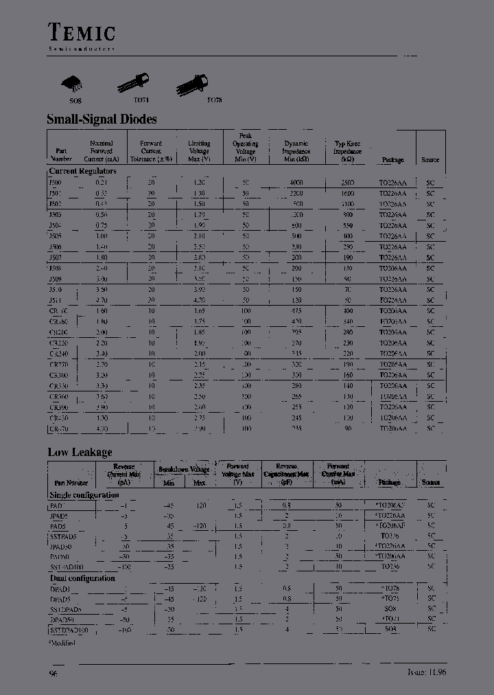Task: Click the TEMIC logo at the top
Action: pyautogui.click(x=81, y=32)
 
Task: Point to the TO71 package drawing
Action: pyautogui.click(x=134, y=83)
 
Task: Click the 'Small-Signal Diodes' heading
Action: pyautogui.click(x=102, y=119)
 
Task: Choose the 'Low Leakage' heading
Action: pyautogui.click(x=80, y=452)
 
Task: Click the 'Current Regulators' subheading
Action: pyautogui.click(x=83, y=171)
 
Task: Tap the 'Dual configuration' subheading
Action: pyautogui.click(x=82, y=578)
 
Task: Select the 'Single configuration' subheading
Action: pyautogui.click(x=84, y=494)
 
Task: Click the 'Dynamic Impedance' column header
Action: pyautogui.click(x=296, y=152)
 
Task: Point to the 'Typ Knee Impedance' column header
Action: pyautogui.click(x=347, y=152)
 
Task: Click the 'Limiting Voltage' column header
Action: pyautogui.click(x=199, y=152)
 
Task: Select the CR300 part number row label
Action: pyautogui.click(x=58, y=375)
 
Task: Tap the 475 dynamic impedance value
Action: pyautogui.click(x=296, y=311)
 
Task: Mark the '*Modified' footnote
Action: pyautogui.click(x=62, y=642)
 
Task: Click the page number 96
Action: pyautogui.click(x=54, y=674)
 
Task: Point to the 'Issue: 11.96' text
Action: pyautogui.click(x=427, y=673)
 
